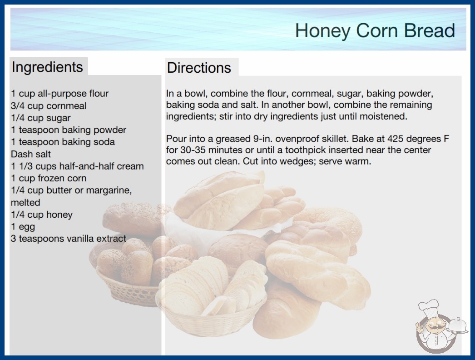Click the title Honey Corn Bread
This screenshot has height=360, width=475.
pyautogui.click(x=375, y=30)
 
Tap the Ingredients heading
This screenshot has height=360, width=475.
pyautogui.click(x=47, y=67)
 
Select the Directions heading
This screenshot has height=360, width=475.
pyautogui.click(x=199, y=68)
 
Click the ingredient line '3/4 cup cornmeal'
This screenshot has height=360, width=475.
pyautogui.click(x=49, y=106)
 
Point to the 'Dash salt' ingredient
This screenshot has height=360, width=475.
pyautogui.click(x=31, y=154)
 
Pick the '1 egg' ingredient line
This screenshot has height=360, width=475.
pyautogui.click(x=23, y=227)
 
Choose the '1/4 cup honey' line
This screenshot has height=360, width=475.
pyautogui.click(x=42, y=215)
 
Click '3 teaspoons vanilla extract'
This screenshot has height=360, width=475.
pyautogui.click(x=69, y=239)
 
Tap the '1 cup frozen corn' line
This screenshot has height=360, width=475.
pyautogui.click(x=49, y=178)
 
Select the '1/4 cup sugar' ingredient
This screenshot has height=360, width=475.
pyautogui.click(x=41, y=118)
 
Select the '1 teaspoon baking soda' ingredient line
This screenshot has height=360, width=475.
pyautogui.click(x=63, y=142)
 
